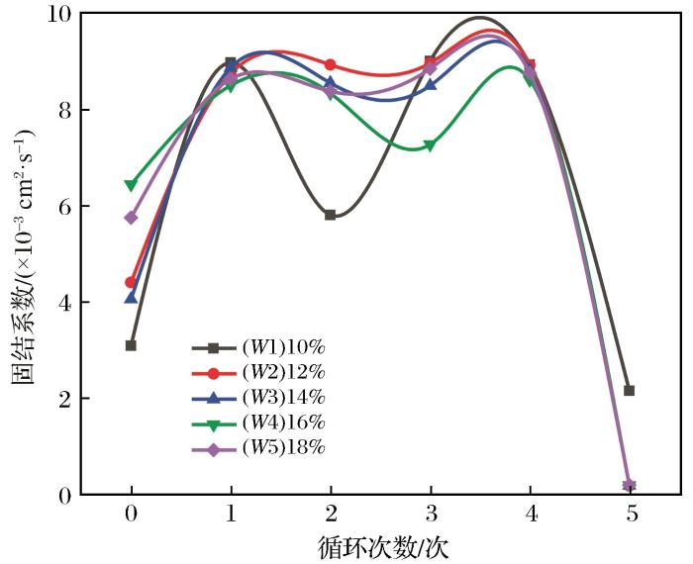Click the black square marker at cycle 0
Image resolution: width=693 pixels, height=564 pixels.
point(131,345)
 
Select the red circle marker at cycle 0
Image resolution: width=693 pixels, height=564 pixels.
point(131,282)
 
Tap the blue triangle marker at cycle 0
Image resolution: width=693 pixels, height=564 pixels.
point(131,297)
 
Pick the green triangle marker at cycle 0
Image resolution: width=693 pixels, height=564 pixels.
point(131,185)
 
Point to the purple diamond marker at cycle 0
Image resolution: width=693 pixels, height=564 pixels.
point(131,218)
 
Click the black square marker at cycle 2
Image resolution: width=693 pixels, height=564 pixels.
point(331,215)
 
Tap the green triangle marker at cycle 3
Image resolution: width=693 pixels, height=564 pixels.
point(431,145)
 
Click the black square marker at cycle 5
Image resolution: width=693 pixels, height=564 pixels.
point(630,391)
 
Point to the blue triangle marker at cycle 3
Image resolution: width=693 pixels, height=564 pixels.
point(431,85)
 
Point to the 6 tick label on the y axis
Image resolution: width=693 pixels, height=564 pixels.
point(65,206)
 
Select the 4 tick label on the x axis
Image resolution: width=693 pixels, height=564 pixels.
point(531,516)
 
